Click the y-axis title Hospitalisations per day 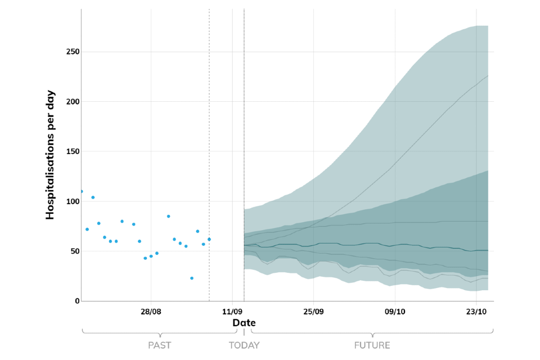50,154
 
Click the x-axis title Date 244,323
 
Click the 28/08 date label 151,312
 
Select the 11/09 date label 232,312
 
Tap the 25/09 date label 313,312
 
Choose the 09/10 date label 395,312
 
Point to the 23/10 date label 476,312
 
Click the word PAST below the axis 159,345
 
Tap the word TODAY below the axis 244,345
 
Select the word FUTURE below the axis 372,345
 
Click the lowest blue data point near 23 192,278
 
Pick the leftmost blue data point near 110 82,191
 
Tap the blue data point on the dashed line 209,239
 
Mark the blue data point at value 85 168,216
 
